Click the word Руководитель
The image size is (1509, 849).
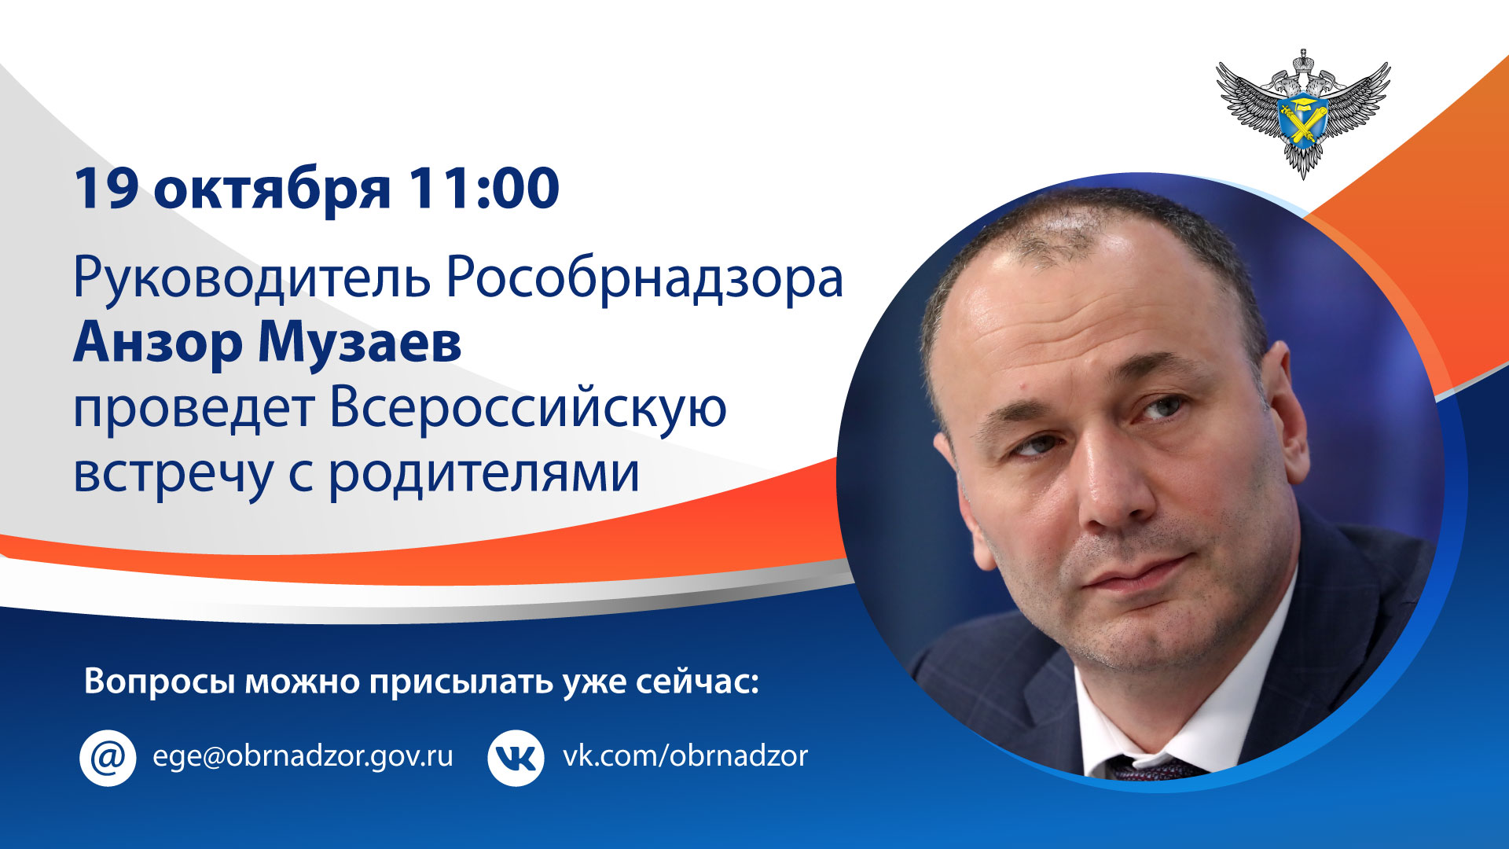click(251, 279)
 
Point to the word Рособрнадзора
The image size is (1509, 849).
click(644, 277)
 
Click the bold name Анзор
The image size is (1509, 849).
click(157, 343)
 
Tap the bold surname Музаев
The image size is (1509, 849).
click(360, 343)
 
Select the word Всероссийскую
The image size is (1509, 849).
click(528, 409)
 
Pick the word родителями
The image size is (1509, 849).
click(484, 474)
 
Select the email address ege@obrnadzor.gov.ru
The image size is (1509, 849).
click(303, 756)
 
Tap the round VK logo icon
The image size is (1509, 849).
click(516, 757)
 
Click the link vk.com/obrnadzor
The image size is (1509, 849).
click(685, 755)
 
